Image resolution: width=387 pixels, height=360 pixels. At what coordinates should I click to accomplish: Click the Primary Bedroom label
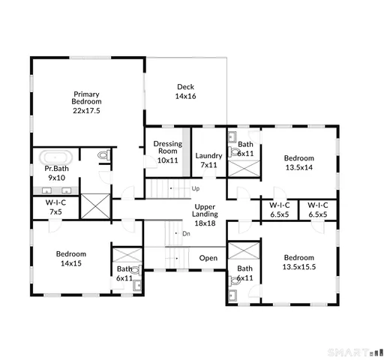point(86,101)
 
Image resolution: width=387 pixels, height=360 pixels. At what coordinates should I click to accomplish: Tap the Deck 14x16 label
point(185,91)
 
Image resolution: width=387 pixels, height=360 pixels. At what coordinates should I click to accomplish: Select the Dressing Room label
point(167,151)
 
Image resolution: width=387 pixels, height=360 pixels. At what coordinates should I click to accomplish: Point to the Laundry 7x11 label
point(208,160)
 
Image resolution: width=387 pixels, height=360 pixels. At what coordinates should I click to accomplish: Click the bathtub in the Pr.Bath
point(55,157)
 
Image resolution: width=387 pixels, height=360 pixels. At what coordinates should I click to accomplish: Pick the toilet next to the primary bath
point(103,156)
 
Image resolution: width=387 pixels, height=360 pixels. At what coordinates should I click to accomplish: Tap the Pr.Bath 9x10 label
point(56,173)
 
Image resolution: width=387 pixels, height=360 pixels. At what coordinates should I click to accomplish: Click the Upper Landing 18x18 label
point(205,214)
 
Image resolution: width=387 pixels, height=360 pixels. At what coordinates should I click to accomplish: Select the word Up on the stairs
point(196,188)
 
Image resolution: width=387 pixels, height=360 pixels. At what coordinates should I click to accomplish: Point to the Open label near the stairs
point(208,259)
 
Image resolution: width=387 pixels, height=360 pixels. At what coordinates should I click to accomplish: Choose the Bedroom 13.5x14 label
point(298,163)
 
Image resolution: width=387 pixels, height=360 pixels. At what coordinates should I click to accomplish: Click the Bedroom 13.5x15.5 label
point(298,262)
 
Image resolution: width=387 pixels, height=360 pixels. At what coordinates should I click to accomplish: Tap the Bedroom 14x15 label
point(71,259)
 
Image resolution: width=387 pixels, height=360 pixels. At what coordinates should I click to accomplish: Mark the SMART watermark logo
point(355,350)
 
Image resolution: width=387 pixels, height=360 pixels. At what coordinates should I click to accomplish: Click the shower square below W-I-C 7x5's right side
point(95,206)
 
